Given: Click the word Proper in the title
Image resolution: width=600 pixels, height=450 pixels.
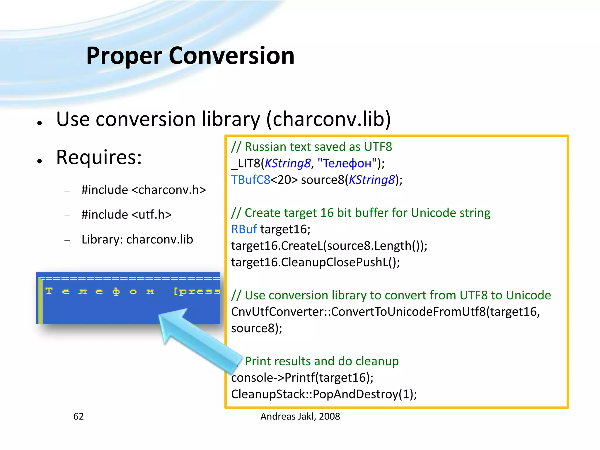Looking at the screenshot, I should (x=124, y=56).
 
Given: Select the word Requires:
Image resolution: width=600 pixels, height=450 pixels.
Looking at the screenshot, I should (x=99, y=157).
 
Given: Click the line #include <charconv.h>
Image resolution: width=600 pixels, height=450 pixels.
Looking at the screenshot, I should (x=144, y=190).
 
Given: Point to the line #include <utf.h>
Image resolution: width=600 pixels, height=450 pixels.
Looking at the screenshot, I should (x=126, y=214).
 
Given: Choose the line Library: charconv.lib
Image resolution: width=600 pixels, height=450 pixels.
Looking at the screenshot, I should (x=137, y=239).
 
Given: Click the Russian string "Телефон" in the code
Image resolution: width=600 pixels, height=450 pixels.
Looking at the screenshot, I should (x=347, y=163).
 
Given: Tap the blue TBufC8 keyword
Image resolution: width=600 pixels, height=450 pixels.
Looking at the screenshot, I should (x=250, y=180).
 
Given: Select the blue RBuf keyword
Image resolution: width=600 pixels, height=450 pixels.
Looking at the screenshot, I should (x=244, y=229).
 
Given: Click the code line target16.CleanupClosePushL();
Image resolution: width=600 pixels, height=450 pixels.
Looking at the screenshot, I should (x=315, y=262).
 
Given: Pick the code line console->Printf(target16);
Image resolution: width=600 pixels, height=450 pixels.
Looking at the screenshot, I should (x=302, y=378).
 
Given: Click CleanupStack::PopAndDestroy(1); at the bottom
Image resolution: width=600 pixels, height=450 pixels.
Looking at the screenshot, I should (x=324, y=394).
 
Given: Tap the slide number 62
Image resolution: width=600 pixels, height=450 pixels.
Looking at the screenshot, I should (x=79, y=416).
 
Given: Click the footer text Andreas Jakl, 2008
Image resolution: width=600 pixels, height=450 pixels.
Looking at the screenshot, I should (x=300, y=416).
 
